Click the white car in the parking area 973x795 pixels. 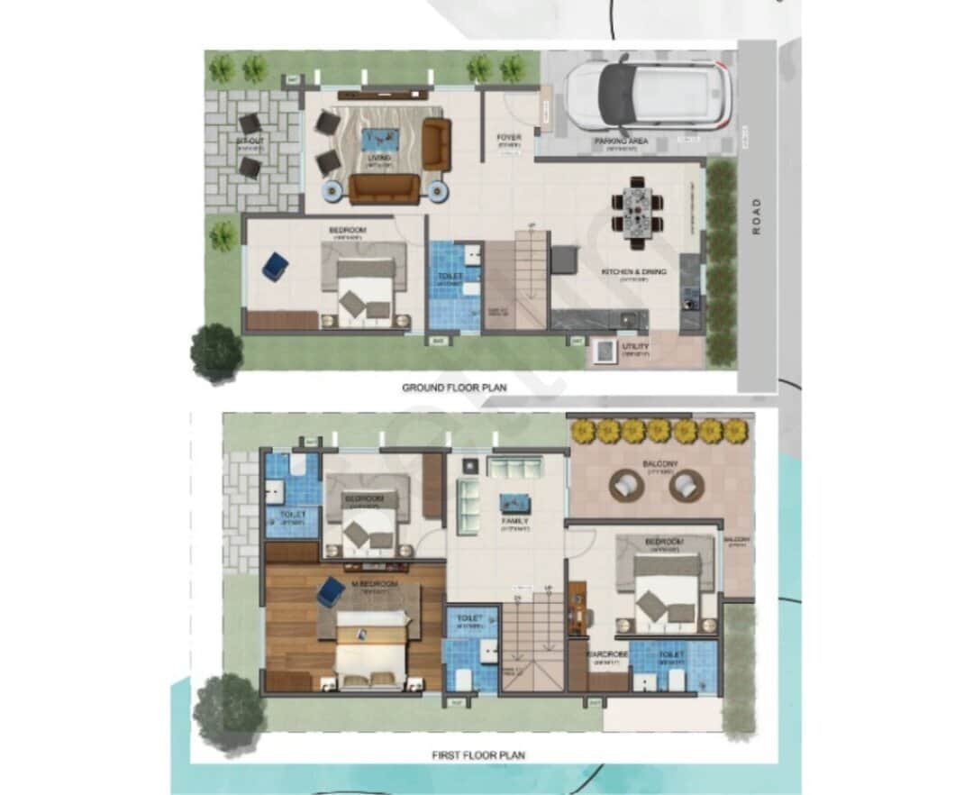(x=647, y=92)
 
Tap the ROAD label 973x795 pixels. (x=757, y=216)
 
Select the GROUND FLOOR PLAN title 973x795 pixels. (x=454, y=388)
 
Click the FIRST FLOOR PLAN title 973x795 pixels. (x=478, y=754)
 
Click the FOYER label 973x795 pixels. (x=509, y=138)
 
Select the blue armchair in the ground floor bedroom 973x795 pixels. (x=276, y=266)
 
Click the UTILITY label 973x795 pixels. (x=635, y=346)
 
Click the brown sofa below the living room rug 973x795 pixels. (x=385, y=188)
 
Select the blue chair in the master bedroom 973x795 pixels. (x=330, y=591)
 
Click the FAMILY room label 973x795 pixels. (x=515, y=521)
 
